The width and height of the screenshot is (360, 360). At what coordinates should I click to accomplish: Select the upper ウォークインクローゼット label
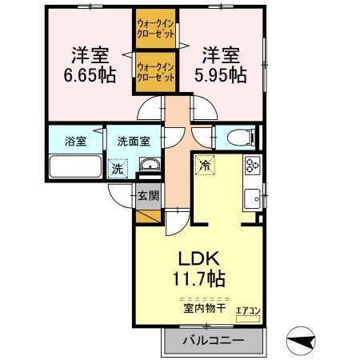pyautogui.click(x=155, y=30)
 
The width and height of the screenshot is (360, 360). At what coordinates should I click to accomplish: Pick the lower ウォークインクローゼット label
pyautogui.click(x=155, y=73)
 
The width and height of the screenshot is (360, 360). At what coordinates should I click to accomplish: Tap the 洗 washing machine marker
pyautogui.click(x=118, y=168)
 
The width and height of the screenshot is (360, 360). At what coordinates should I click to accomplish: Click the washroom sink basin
pyautogui.click(x=149, y=166)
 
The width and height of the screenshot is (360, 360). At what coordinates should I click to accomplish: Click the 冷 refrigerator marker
pyautogui.click(x=205, y=166)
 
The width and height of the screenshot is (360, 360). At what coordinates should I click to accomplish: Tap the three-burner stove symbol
pyautogui.click(x=252, y=166)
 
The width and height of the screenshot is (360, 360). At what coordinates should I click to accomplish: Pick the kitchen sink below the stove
pyautogui.click(x=253, y=195)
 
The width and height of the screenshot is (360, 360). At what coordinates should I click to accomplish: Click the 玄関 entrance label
pyautogui.click(x=148, y=194)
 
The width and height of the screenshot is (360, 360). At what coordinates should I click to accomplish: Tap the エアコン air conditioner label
pyautogui.click(x=248, y=310)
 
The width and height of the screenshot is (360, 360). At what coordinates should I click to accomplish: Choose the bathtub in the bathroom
pyautogui.click(x=74, y=168)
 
